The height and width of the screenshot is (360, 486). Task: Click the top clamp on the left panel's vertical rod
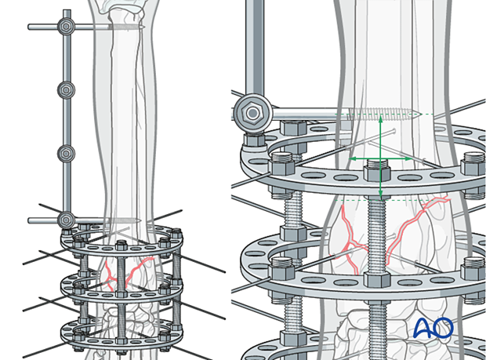tap(66, 27)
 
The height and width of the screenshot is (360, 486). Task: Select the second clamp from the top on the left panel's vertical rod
tap(66, 90)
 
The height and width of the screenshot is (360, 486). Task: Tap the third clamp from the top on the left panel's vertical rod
tap(66, 154)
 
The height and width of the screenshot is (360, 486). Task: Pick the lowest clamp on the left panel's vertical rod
tap(66, 220)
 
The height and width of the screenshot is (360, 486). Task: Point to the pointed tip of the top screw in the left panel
tap(143, 27)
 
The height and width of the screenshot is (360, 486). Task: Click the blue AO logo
tap(433, 328)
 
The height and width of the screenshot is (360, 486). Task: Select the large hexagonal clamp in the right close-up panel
tap(252, 113)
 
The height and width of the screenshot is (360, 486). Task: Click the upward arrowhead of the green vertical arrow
tap(381, 118)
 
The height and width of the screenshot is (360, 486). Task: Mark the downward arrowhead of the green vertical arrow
tap(381, 197)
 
